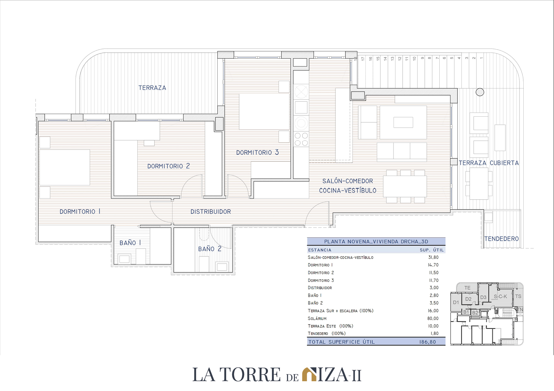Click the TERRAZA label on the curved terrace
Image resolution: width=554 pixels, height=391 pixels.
click(152, 88)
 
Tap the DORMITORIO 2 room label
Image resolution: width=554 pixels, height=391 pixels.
click(169, 166)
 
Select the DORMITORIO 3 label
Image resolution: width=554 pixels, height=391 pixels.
click(257, 152)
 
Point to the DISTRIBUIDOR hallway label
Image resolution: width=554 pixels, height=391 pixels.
click(211, 212)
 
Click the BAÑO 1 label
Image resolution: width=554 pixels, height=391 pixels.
click(130, 243)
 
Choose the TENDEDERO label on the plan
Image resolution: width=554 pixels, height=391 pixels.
click(502, 239)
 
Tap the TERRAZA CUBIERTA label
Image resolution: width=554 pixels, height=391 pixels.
click(489, 163)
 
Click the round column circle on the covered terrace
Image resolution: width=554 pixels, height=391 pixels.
click(480, 92)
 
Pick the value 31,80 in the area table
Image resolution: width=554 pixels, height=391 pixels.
click(433, 257)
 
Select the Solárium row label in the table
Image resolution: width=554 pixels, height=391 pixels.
click(317, 318)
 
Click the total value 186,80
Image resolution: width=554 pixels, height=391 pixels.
click(428, 342)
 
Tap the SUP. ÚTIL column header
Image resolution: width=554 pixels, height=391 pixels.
click(432, 250)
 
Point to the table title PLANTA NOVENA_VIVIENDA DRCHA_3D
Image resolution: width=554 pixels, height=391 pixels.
click(376, 242)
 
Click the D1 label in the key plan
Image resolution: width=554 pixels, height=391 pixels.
click(456, 302)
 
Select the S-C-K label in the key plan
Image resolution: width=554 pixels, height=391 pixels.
click(500, 296)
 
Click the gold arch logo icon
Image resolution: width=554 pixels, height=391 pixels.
click(309, 374)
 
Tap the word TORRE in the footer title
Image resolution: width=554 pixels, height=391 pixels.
click(250, 375)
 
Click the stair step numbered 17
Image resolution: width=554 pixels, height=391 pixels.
click(363, 58)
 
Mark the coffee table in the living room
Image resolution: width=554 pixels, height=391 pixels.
click(403, 122)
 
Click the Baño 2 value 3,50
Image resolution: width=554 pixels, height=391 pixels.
click(434, 303)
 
